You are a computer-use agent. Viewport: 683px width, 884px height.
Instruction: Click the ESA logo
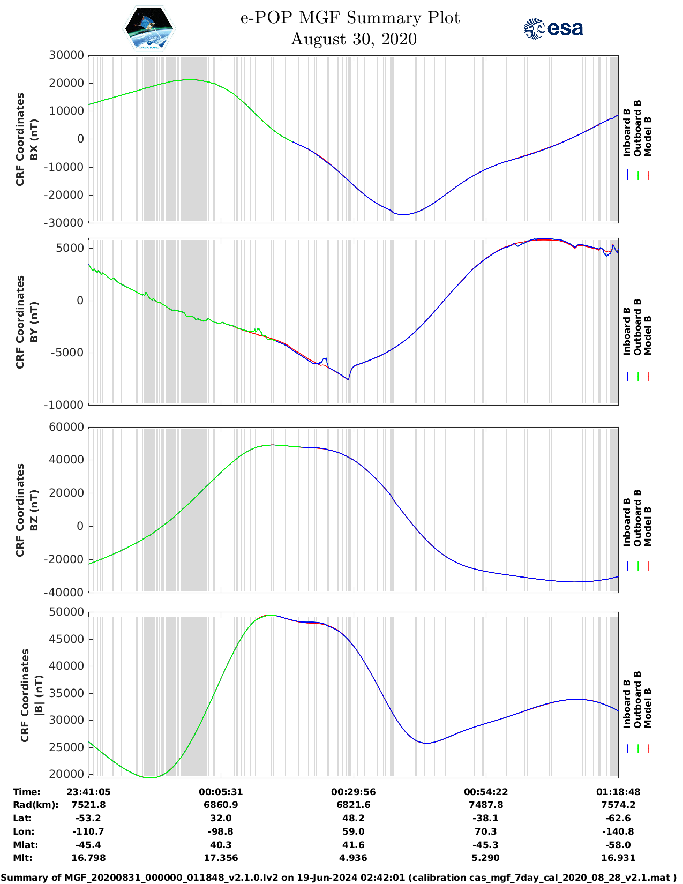click(553, 28)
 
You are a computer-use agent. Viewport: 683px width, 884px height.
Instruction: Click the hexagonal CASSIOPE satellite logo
click(149, 28)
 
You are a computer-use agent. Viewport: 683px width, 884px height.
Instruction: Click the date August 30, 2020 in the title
click(354, 39)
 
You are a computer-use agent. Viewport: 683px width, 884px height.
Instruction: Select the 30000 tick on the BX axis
click(66, 55)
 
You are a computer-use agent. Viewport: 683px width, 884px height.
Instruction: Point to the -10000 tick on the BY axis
click(64, 405)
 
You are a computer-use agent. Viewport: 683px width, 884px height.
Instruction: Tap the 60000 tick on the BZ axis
click(66, 427)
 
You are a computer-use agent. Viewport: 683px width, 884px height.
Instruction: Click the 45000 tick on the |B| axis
click(66, 639)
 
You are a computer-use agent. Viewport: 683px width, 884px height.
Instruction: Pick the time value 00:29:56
click(353, 792)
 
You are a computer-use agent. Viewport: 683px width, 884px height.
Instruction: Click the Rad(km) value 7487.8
click(486, 805)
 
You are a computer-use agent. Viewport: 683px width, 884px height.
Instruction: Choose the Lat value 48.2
click(353, 818)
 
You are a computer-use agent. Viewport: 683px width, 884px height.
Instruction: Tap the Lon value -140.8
click(618, 831)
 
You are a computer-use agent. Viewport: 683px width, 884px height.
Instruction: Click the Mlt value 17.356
click(221, 858)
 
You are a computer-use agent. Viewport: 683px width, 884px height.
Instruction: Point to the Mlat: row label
click(25, 845)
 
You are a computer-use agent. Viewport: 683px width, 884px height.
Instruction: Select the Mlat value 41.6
click(353, 845)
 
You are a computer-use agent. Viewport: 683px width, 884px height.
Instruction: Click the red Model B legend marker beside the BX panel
click(648, 175)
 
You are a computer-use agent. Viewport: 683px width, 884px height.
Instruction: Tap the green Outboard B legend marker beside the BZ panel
click(638, 565)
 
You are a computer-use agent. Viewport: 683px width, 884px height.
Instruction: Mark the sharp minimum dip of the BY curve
click(348, 379)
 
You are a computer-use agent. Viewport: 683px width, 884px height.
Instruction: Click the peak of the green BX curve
click(190, 79)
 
